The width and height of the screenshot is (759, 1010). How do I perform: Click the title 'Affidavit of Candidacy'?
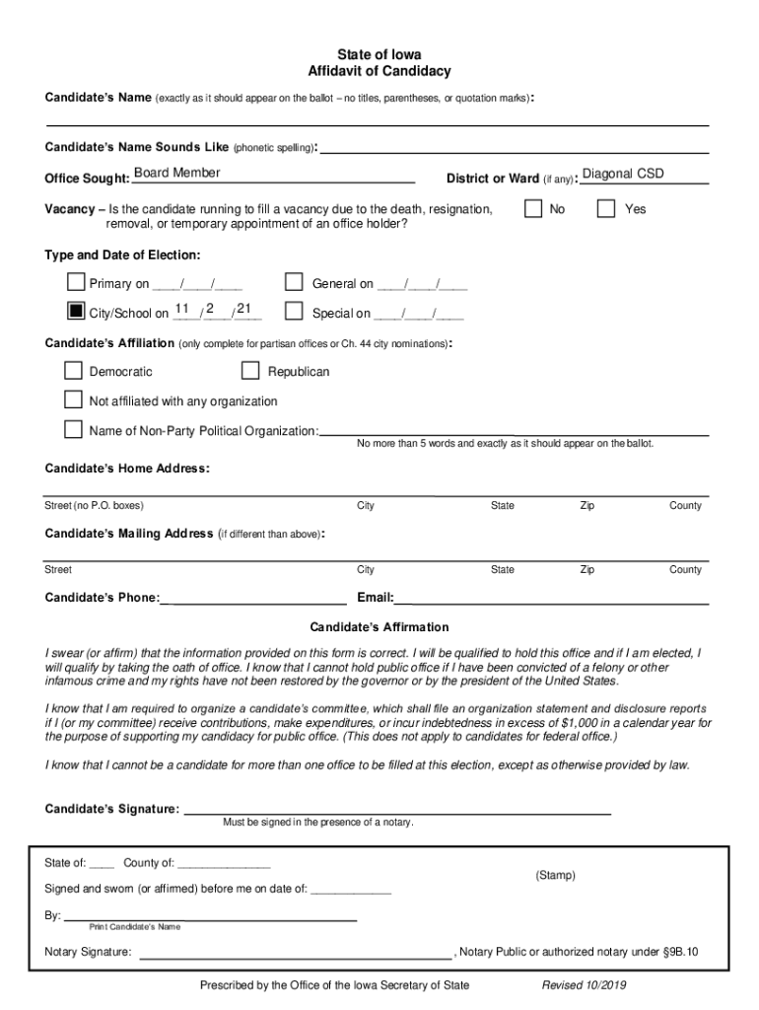[x=379, y=72]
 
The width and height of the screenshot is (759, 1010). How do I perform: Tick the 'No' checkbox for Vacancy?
[x=533, y=209]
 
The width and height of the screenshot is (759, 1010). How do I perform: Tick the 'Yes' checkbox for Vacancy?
[x=607, y=209]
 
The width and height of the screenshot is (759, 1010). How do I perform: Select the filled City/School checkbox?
[x=75, y=312]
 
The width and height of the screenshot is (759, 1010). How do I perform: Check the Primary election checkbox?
[x=75, y=283]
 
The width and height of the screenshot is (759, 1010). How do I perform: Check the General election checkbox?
[x=294, y=283]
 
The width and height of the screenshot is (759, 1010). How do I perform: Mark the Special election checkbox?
[x=294, y=312]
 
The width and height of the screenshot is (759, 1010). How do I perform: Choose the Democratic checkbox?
[x=74, y=371]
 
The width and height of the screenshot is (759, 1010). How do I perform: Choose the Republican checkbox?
[x=250, y=371]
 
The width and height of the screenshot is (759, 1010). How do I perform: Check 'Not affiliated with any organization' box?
[x=74, y=399]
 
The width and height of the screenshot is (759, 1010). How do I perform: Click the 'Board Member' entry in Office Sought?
[x=176, y=174]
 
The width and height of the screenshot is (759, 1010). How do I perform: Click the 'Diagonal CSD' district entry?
[x=623, y=175]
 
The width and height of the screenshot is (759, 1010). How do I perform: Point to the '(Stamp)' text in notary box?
[x=555, y=876]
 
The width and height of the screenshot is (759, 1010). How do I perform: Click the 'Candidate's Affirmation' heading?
[x=379, y=627]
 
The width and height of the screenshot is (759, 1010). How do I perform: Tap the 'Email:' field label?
[x=376, y=598]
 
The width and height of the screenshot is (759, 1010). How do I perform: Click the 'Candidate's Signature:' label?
[x=112, y=810]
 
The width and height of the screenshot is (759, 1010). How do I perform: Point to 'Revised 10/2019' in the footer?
[x=584, y=985]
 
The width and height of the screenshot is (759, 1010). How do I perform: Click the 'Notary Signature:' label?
[x=88, y=952]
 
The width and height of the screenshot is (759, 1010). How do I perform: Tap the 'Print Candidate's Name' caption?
[x=135, y=927]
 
